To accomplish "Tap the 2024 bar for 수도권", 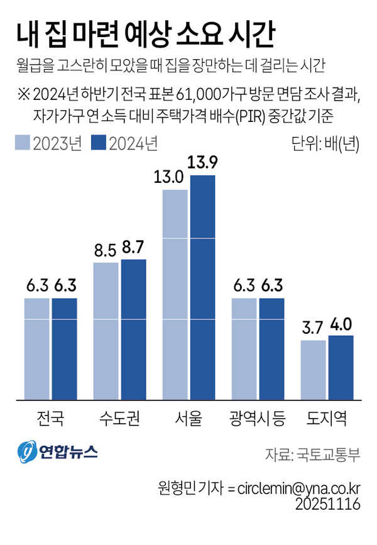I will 133,329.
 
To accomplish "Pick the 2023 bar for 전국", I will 37,349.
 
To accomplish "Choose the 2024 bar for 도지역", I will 341,367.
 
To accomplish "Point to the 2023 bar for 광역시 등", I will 244,349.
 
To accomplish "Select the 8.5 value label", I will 104,251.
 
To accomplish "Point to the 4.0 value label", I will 341,324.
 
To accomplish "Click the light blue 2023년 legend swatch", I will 23,143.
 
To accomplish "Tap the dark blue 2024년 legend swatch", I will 99,143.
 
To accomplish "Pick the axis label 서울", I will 188,417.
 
